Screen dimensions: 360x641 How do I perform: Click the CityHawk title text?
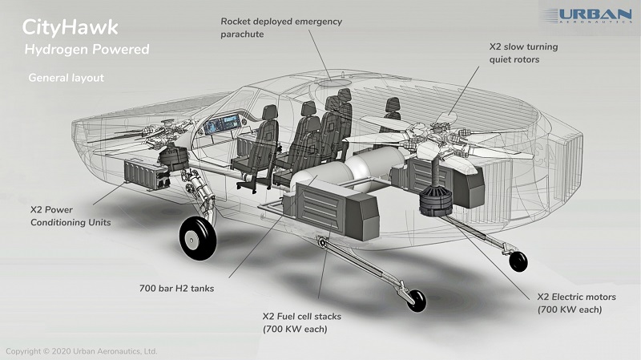[x=70, y=27]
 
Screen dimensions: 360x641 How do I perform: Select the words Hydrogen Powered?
[x=87, y=50]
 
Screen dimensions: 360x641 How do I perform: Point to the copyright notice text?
[x=82, y=351]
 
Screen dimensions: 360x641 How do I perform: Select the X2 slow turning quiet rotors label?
[x=523, y=52]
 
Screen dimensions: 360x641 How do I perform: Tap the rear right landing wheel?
[x=518, y=260]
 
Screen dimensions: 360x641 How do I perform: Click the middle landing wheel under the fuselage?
[x=417, y=301]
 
